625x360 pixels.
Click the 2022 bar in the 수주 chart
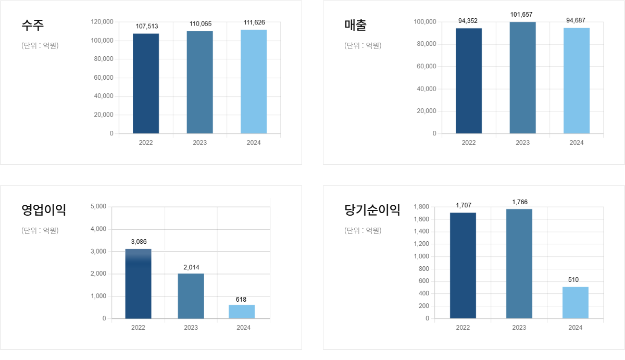(146, 83)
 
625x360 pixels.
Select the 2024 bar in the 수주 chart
(254, 82)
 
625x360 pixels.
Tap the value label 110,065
(200, 24)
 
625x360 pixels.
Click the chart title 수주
(32, 25)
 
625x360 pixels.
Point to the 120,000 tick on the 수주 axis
(102, 22)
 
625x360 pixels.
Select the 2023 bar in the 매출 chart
(522, 78)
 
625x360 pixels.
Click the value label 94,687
(577, 20)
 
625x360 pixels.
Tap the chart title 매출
(355, 25)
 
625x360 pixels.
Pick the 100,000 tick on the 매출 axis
(424, 22)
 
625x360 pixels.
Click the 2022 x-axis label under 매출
(469, 143)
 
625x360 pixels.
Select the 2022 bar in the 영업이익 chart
(138, 284)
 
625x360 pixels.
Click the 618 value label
(241, 299)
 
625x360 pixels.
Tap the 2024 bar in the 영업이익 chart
(242, 312)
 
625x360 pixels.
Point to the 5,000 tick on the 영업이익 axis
(98, 207)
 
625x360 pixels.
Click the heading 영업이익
(44, 210)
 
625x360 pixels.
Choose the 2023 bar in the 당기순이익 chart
(519, 264)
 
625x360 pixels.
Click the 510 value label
(573, 280)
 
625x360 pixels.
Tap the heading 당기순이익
(372, 210)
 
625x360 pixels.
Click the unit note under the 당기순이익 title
(362, 230)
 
